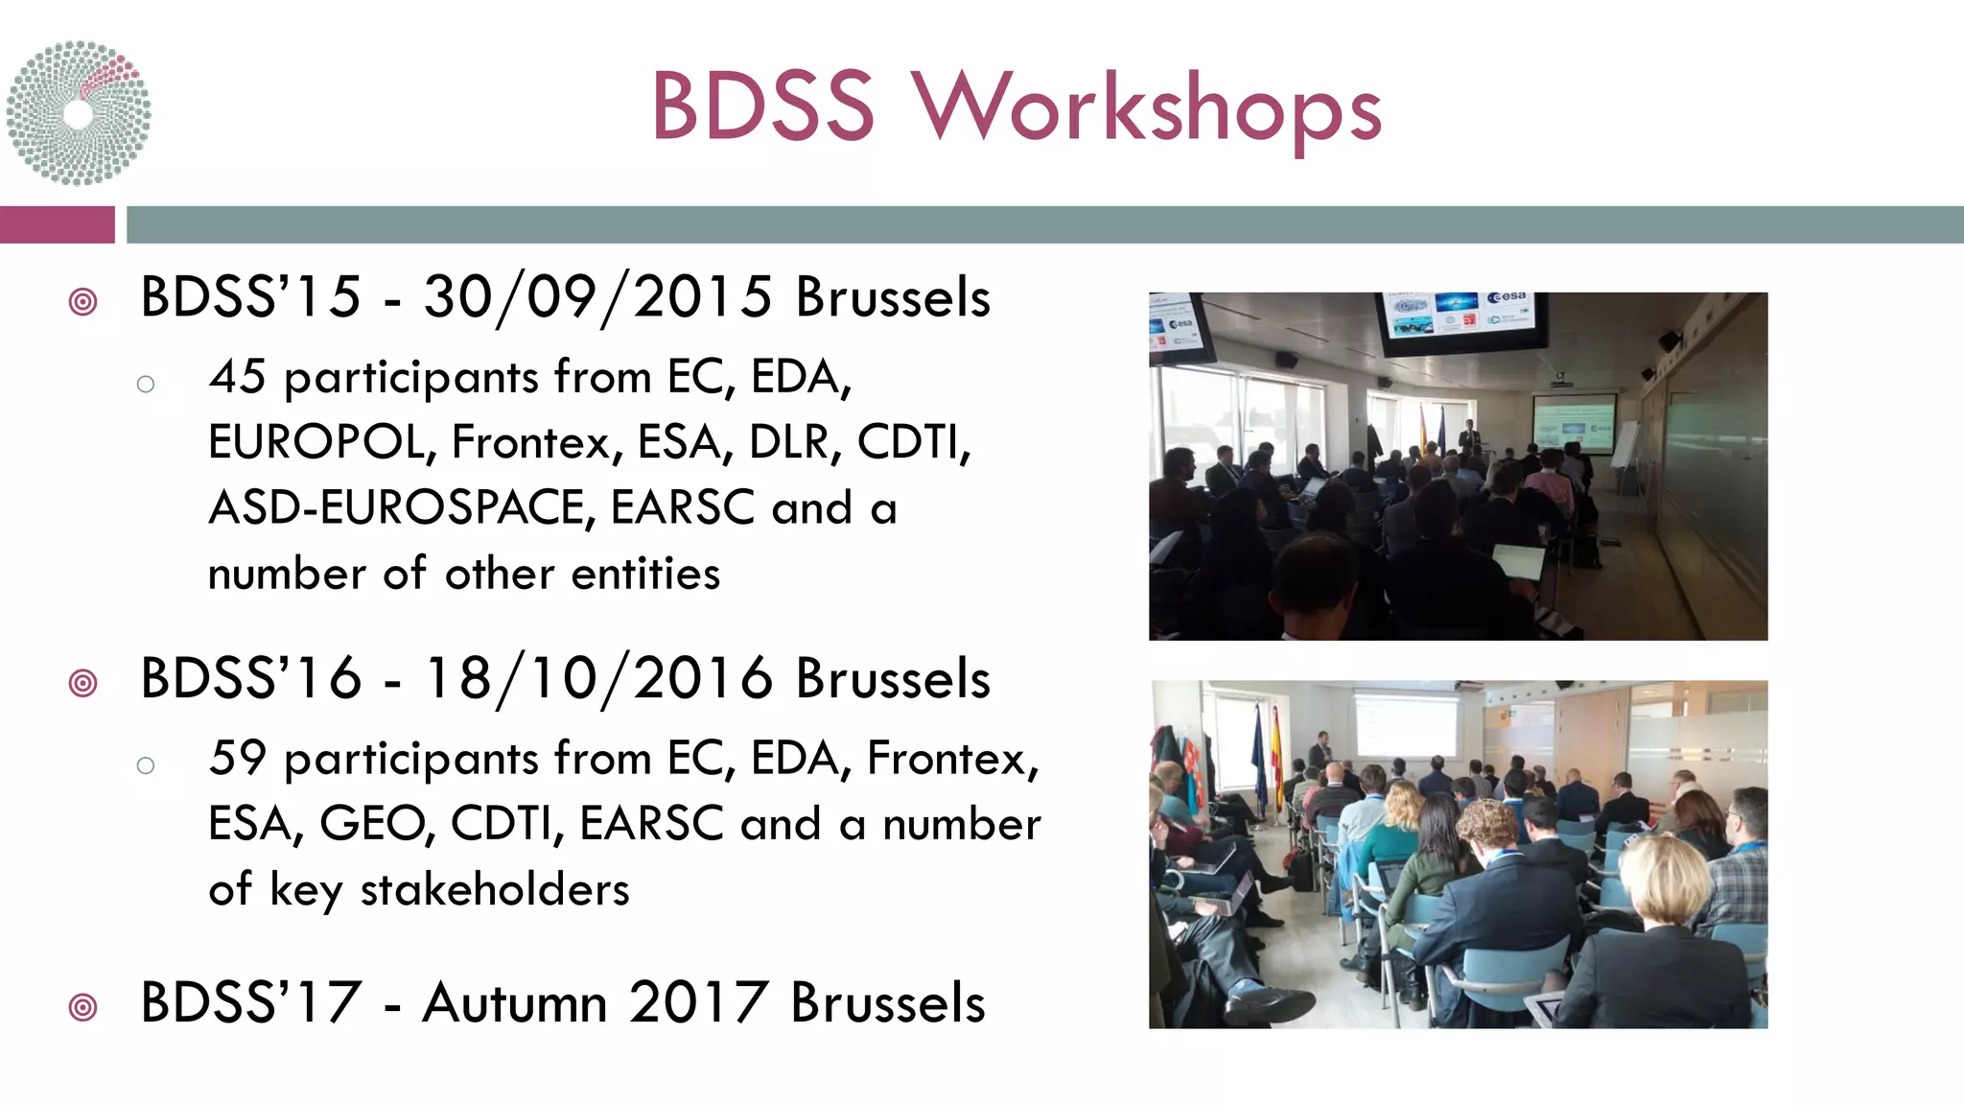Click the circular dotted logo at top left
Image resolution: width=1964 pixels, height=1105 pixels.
click(x=79, y=112)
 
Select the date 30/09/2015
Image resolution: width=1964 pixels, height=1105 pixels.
click(x=597, y=297)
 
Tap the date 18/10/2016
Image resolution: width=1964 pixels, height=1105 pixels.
click(x=597, y=679)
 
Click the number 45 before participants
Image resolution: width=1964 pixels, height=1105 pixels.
click(x=237, y=377)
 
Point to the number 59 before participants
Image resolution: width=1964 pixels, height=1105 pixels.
click(x=237, y=759)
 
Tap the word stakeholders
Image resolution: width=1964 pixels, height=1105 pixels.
click(x=495, y=890)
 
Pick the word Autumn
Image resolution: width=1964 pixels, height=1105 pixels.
click(x=515, y=1003)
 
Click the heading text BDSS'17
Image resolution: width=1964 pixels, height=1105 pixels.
click(x=250, y=1003)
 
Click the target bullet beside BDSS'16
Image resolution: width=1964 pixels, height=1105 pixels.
click(x=83, y=683)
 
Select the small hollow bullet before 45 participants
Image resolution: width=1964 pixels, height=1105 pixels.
click(x=146, y=385)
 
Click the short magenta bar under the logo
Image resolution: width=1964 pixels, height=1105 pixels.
click(x=57, y=224)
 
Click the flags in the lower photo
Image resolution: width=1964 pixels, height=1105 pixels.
click(x=1268, y=758)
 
